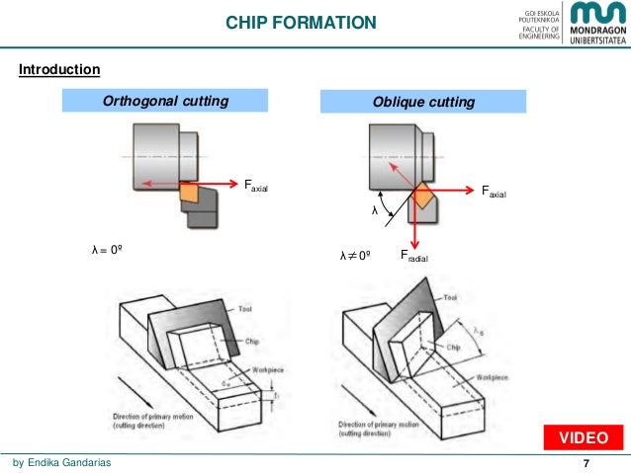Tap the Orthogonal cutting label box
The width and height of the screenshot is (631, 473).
click(166, 102)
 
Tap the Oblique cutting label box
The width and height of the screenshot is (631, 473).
click(423, 103)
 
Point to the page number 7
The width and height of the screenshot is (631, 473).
click(586, 464)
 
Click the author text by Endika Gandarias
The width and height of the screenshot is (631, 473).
click(61, 464)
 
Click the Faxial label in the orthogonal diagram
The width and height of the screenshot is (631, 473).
click(255, 185)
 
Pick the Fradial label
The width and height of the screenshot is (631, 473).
click(414, 256)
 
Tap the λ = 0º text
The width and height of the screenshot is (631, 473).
click(107, 252)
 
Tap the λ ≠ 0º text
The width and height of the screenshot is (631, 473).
click(354, 256)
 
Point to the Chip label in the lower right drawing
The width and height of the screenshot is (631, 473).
click(454, 348)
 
